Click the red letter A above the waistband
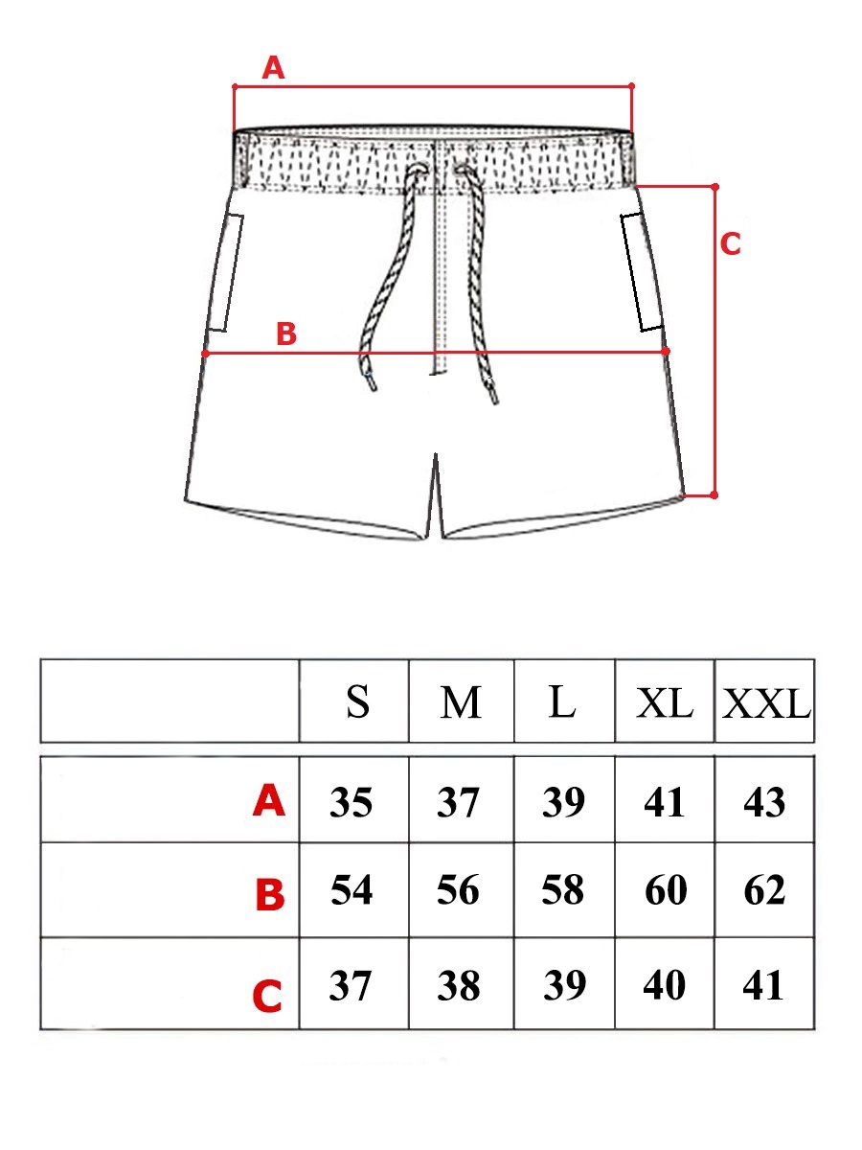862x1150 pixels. pyautogui.click(x=273, y=69)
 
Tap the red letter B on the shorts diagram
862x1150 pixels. pyautogui.click(x=286, y=333)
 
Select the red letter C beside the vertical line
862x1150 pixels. pyautogui.click(x=730, y=244)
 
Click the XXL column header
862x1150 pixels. pyautogui.click(x=766, y=703)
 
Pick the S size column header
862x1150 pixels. pyautogui.click(x=358, y=701)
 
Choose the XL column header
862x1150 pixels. pyautogui.click(x=665, y=703)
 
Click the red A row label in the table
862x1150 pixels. pyautogui.click(x=269, y=801)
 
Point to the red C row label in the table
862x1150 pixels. pyautogui.click(x=267, y=996)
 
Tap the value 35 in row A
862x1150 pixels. pyautogui.click(x=351, y=802)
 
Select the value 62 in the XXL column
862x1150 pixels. pyautogui.click(x=764, y=890)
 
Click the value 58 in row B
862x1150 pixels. pyautogui.click(x=562, y=889)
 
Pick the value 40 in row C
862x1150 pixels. pyautogui.click(x=664, y=985)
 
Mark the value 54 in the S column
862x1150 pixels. pyautogui.click(x=352, y=889)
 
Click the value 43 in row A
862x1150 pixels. pyautogui.click(x=764, y=802)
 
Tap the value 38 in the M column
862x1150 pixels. pyautogui.click(x=459, y=985)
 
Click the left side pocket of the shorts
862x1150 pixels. pyautogui.click(x=226, y=272)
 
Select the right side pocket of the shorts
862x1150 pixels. pyautogui.click(x=641, y=271)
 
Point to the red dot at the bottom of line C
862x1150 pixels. pyautogui.click(x=715, y=495)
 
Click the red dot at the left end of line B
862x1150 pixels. pyautogui.click(x=205, y=354)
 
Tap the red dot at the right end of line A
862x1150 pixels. pyautogui.click(x=632, y=85)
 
